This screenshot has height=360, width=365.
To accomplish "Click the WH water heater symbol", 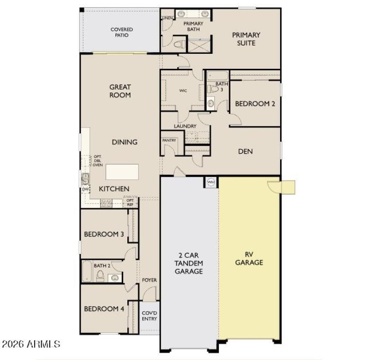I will tap(211, 181).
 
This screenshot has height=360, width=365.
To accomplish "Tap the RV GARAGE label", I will tap(250, 259).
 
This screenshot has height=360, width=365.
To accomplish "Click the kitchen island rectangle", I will tap(122, 172).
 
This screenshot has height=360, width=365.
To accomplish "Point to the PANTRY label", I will tap(169, 140).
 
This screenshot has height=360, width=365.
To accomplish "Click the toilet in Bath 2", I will tap(100, 276).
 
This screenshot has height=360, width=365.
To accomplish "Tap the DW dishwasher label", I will tap(85, 189).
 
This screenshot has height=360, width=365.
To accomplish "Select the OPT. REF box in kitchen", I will tap(130, 202).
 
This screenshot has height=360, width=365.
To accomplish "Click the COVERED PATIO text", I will tap(122, 32).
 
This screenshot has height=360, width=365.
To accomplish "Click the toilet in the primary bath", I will tap(179, 45).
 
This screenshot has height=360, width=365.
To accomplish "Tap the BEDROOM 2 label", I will tap(255, 103).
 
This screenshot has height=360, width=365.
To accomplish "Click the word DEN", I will tap(245, 151).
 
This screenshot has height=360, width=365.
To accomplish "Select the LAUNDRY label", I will tap(185, 126).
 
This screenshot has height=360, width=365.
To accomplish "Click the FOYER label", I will tap(149, 280).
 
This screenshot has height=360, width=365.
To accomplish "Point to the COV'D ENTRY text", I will tap(149, 316).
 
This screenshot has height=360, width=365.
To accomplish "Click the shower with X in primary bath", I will tap(198, 45).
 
